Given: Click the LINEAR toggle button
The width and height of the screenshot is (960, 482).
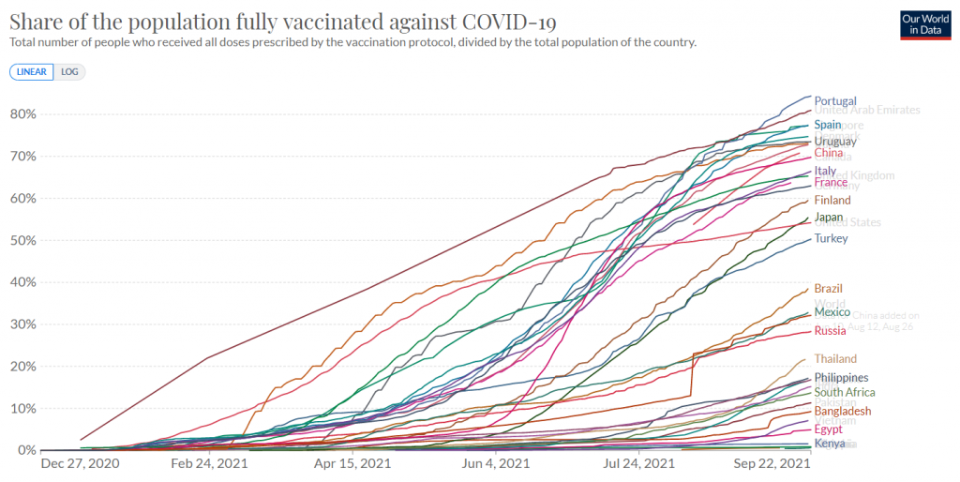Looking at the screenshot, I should [32, 71].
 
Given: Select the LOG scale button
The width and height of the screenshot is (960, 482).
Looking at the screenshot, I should [69, 71].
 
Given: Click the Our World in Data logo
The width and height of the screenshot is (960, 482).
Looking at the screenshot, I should [923, 24].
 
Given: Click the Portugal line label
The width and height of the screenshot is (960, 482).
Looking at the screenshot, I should [835, 101].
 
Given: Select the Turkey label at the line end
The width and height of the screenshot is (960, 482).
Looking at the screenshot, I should [831, 238].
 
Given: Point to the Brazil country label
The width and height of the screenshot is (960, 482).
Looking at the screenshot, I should [830, 289].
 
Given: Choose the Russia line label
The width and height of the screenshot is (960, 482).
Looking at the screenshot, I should [830, 330].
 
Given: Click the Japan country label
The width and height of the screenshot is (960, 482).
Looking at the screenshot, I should [830, 218].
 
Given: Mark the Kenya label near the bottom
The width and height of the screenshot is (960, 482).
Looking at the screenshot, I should [830, 444].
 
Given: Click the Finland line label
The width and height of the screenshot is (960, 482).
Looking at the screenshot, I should [832, 200].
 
